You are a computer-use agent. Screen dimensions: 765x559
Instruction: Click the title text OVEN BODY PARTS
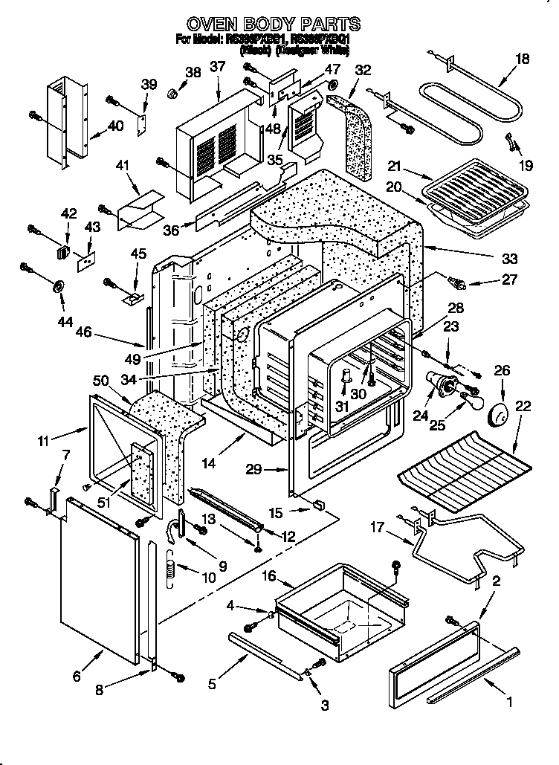(x=274, y=24)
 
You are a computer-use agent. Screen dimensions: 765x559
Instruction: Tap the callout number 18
(x=523, y=59)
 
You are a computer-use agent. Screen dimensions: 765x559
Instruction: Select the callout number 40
(x=115, y=126)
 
